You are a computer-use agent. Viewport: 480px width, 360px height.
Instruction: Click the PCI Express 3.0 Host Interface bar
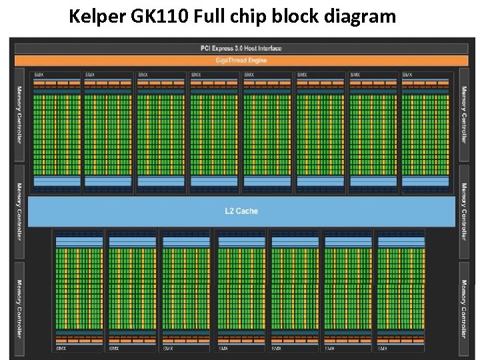coord(241,48)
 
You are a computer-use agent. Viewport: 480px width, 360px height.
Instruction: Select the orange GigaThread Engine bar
coord(241,60)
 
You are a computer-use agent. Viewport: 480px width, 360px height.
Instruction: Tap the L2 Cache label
coord(241,211)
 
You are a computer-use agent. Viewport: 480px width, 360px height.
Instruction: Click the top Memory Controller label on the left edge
coord(19,115)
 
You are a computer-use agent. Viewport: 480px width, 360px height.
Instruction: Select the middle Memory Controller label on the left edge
coord(19,211)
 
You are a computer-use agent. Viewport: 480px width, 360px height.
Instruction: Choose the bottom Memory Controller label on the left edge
coord(19,308)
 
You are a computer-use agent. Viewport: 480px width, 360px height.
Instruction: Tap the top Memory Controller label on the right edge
coord(464,115)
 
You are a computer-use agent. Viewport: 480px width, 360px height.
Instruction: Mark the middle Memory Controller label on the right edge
coord(464,211)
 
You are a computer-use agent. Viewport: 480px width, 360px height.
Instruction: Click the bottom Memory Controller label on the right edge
coord(464,308)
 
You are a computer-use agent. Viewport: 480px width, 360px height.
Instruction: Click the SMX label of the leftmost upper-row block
coord(39,75)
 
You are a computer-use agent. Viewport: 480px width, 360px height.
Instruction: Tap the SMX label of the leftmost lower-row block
coord(61,348)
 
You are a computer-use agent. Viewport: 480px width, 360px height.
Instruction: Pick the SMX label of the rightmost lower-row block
coord(382,348)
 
